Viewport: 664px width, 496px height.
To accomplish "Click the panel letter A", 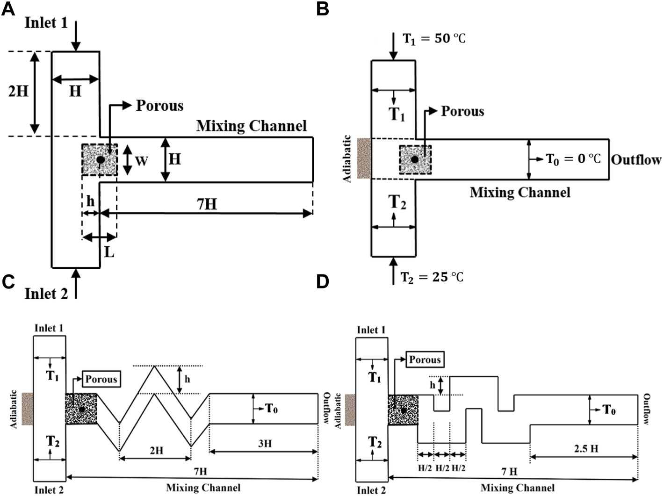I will click(x=8, y=9).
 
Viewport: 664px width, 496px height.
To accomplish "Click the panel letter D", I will click(x=323, y=282).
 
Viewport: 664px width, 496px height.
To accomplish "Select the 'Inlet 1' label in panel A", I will click(x=46, y=23).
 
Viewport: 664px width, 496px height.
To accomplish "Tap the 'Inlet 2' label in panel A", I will click(x=46, y=294).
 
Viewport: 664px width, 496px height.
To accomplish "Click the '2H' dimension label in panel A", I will click(x=19, y=90).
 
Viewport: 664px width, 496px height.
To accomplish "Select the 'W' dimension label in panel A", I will click(x=141, y=161).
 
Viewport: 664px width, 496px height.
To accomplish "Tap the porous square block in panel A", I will click(x=100, y=160).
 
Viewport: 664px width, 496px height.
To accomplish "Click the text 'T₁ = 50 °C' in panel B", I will click(x=434, y=38).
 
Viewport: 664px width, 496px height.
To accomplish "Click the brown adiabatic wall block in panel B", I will click(x=364, y=158).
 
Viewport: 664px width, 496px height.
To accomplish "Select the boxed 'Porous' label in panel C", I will click(x=101, y=379).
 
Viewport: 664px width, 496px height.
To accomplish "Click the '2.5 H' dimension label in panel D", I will click(x=584, y=449).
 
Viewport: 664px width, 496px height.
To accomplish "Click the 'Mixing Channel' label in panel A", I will click(x=251, y=126).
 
